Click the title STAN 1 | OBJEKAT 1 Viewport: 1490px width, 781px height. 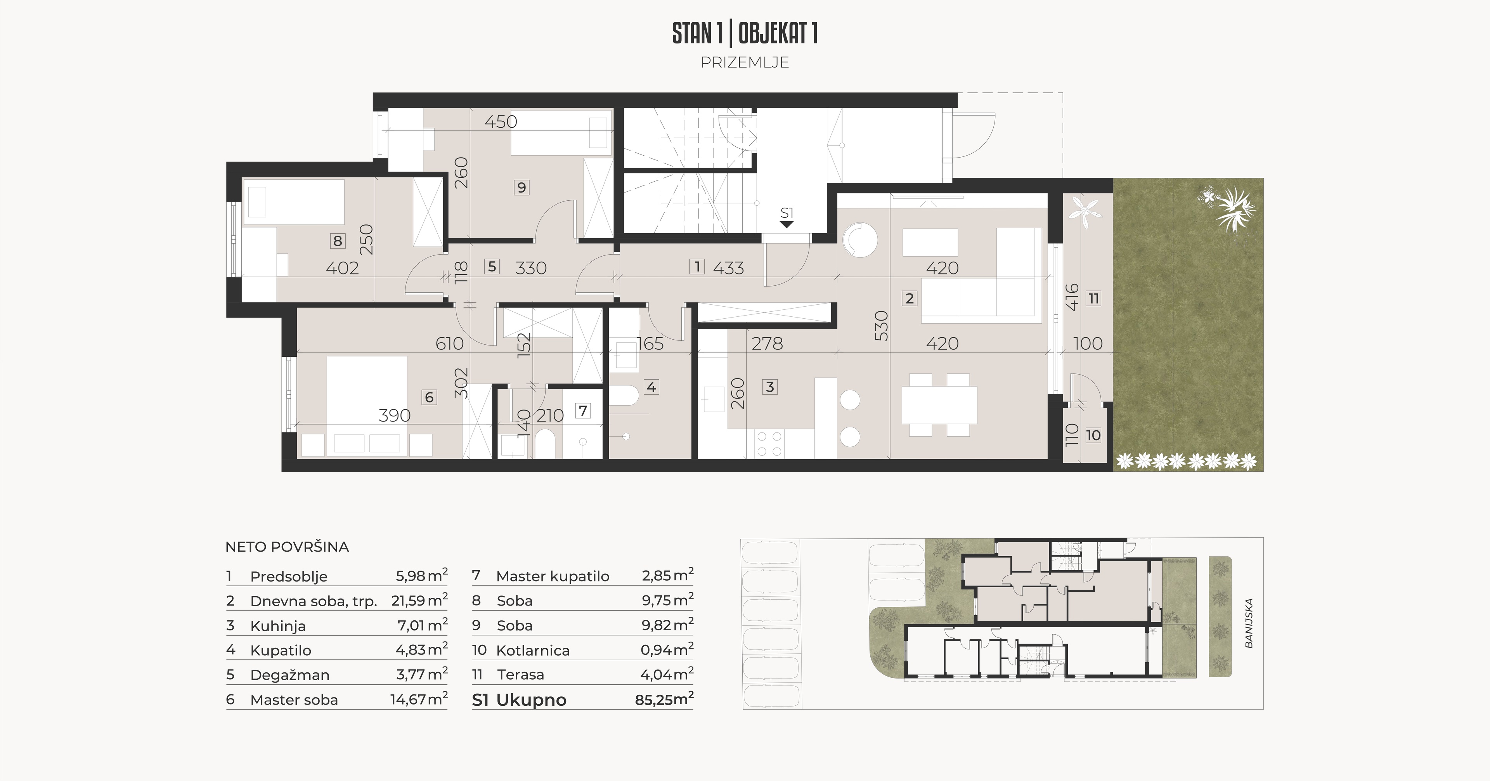[x=745, y=33]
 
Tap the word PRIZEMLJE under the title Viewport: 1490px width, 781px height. [x=745, y=62]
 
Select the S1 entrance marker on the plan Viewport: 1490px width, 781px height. [x=787, y=217]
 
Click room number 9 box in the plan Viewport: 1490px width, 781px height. [x=522, y=187]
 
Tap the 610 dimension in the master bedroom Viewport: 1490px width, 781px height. [x=449, y=344]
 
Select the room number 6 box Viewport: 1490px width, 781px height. [x=429, y=397]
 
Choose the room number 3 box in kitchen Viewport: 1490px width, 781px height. [x=769, y=387]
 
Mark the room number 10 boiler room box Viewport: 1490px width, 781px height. [x=1093, y=435]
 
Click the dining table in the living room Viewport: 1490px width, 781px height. [x=939, y=405]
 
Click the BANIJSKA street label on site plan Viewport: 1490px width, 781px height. [x=1249, y=623]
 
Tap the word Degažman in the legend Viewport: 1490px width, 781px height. [x=290, y=675]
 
